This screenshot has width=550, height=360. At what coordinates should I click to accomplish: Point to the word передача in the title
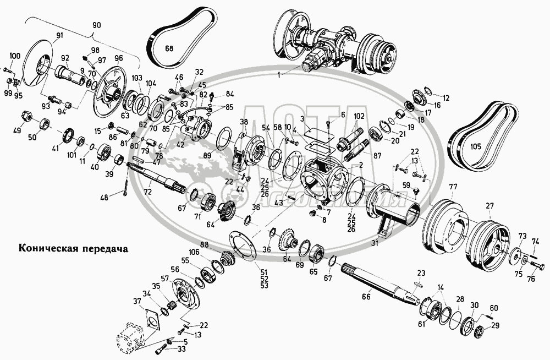point(102,248)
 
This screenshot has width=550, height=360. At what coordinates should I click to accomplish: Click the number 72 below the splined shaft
point(147,193)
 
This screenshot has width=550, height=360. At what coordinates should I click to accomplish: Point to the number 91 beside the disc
point(59,36)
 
